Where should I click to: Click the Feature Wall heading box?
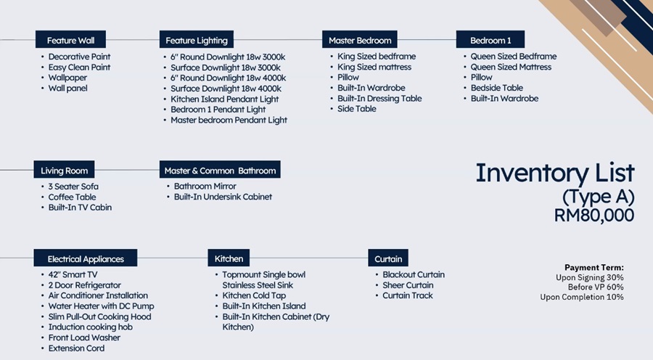(x=70, y=40)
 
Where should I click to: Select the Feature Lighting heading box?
(x=196, y=40)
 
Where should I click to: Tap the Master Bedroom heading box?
(x=359, y=40)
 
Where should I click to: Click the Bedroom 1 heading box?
(x=490, y=40)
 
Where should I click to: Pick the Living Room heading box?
(x=64, y=170)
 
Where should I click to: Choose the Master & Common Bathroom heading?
(x=220, y=170)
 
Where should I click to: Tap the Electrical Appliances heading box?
(x=86, y=258)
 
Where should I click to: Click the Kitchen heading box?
(x=229, y=258)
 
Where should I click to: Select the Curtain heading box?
(x=388, y=258)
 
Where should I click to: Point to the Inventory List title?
(x=555, y=173)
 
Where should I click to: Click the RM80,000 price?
(x=594, y=216)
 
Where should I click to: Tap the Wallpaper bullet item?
(x=67, y=78)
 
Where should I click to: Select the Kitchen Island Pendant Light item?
(x=224, y=99)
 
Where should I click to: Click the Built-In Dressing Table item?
(x=379, y=98)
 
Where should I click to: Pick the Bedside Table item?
(x=497, y=88)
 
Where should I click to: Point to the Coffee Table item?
(x=72, y=197)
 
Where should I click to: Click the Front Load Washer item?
(x=84, y=337)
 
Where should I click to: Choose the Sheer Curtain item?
(x=408, y=285)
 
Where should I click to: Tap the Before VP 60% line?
(x=596, y=287)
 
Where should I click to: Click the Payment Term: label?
(x=594, y=268)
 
